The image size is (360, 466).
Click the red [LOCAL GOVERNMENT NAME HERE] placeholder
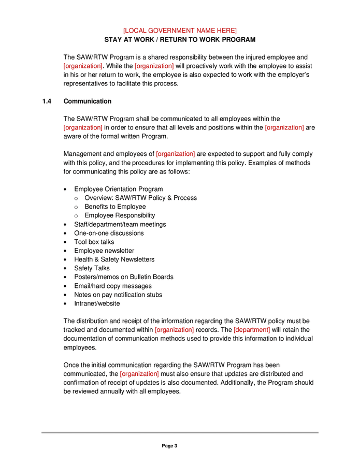pyautogui.click(x=180, y=31)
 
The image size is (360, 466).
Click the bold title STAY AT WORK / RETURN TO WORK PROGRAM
pyautogui.click(x=180, y=40)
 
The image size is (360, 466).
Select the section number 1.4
pyautogui.click(x=47, y=101)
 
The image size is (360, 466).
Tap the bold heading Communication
pyautogui.click(x=87, y=101)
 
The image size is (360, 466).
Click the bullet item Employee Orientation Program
pyautogui.click(x=118, y=189)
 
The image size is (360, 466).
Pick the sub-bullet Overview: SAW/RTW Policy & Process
pyautogui.click(x=140, y=198)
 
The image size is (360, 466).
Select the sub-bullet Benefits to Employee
pyautogui.click(x=115, y=207)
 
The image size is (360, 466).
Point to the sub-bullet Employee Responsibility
pyautogui.click(x=120, y=215)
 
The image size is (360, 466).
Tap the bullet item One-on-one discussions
pyautogui.click(x=109, y=233)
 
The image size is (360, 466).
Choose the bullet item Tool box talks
pyautogui.click(x=94, y=242)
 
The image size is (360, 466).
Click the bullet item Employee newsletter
pyautogui.click(x=104, y=251)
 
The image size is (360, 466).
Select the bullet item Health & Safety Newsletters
pyautogui.click(x=114, y=259)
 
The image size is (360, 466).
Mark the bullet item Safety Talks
pyautogui.click(x=92, y=268)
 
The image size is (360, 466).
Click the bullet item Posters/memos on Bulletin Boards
pyautogui.click(x=123, y=277)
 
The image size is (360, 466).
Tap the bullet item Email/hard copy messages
pyautogui.click(x=113, y=286)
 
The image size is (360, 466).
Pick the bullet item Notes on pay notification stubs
pyautogui.click(x=118, y=295)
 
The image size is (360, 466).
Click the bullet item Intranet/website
pyautogui.click(x=97, y=303)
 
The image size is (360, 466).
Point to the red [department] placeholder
pyautogui.click(x=252, y=330)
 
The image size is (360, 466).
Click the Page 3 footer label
pyautogui.click(x=169, y=446)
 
